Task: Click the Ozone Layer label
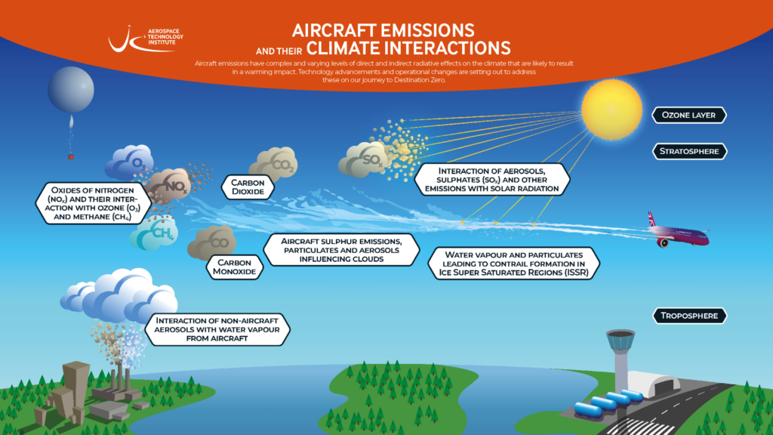point(688,115)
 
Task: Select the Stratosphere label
point(689,151)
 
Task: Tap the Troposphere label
point(689,316)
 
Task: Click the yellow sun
point(611,110)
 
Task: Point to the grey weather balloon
point(71,89)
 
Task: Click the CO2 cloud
point(274,163)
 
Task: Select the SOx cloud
point(364,159)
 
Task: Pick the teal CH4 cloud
point(154,233)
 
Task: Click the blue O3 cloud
point(129,162)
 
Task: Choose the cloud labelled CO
point(212,242)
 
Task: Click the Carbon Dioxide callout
point(248,187)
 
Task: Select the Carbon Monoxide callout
point(234,267)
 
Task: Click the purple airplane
point(679,233)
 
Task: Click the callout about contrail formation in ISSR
point(513,264)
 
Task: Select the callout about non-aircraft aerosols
point(217,329)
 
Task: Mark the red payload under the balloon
point(70,157)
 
